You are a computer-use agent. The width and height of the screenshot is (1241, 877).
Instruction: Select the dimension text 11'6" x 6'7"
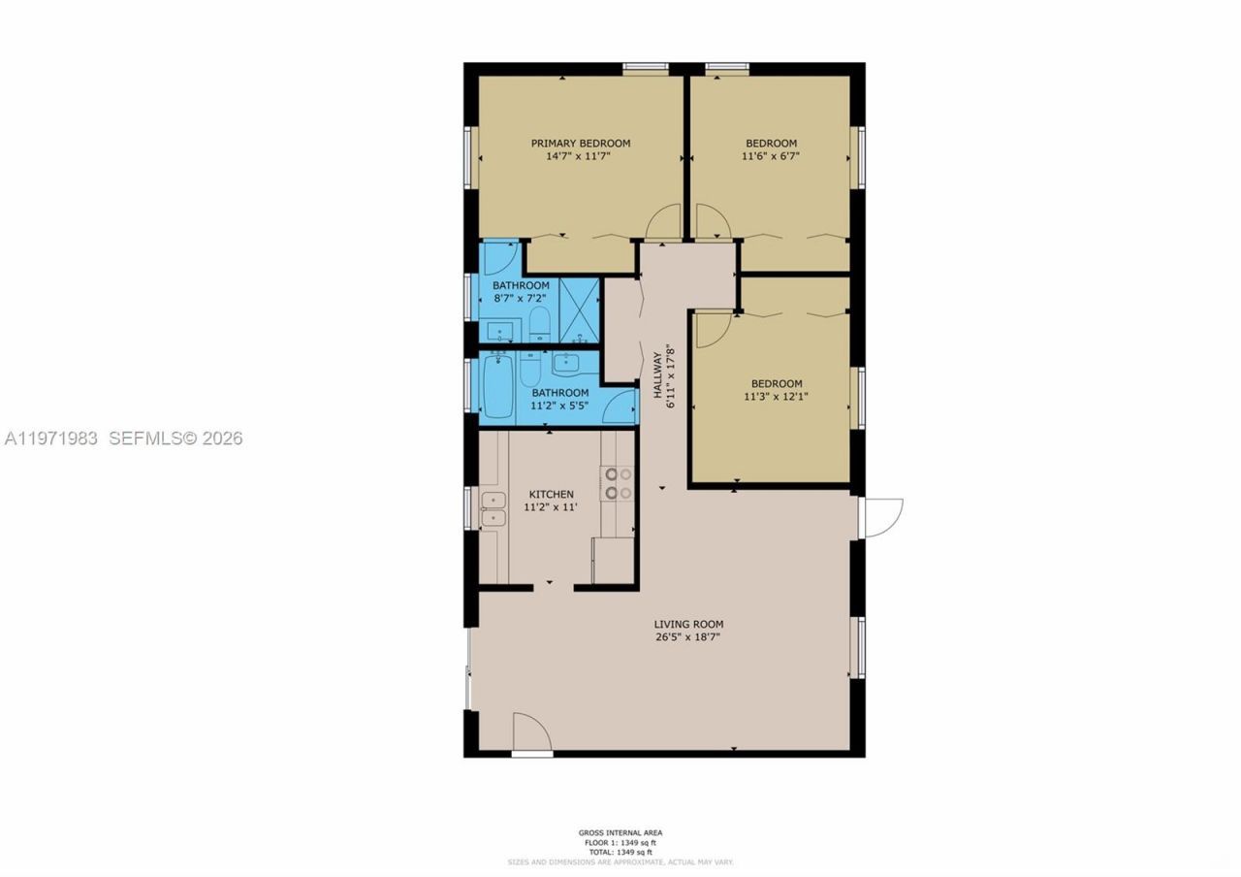771,155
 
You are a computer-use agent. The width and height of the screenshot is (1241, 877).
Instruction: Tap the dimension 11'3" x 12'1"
776,396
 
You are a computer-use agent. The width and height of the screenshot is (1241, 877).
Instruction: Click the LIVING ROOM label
687,624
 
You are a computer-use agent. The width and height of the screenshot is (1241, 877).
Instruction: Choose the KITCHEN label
551,494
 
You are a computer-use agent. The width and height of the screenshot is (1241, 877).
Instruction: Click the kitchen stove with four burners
618,483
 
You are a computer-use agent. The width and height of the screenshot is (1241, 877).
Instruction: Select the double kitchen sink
493,508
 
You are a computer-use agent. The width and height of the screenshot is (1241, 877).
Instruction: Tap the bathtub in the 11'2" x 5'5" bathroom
497,386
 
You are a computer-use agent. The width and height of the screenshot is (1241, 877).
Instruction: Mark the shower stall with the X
580,309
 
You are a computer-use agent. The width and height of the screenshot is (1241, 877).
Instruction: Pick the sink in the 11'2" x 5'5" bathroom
566,365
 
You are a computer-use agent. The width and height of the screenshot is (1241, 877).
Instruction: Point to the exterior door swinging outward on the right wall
882,517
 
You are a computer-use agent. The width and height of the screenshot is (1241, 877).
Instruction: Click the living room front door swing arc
530,731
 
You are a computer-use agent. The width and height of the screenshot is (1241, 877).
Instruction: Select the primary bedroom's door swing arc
665,223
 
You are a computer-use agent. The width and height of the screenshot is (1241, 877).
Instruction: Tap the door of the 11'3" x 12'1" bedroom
713,328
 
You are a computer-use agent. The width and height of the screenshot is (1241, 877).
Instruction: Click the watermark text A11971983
51,438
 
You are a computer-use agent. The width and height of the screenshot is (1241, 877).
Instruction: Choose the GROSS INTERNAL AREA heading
620,832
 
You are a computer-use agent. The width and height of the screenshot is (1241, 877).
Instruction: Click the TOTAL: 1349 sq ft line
620,852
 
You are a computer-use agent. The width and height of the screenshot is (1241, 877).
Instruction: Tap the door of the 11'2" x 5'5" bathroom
619,406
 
